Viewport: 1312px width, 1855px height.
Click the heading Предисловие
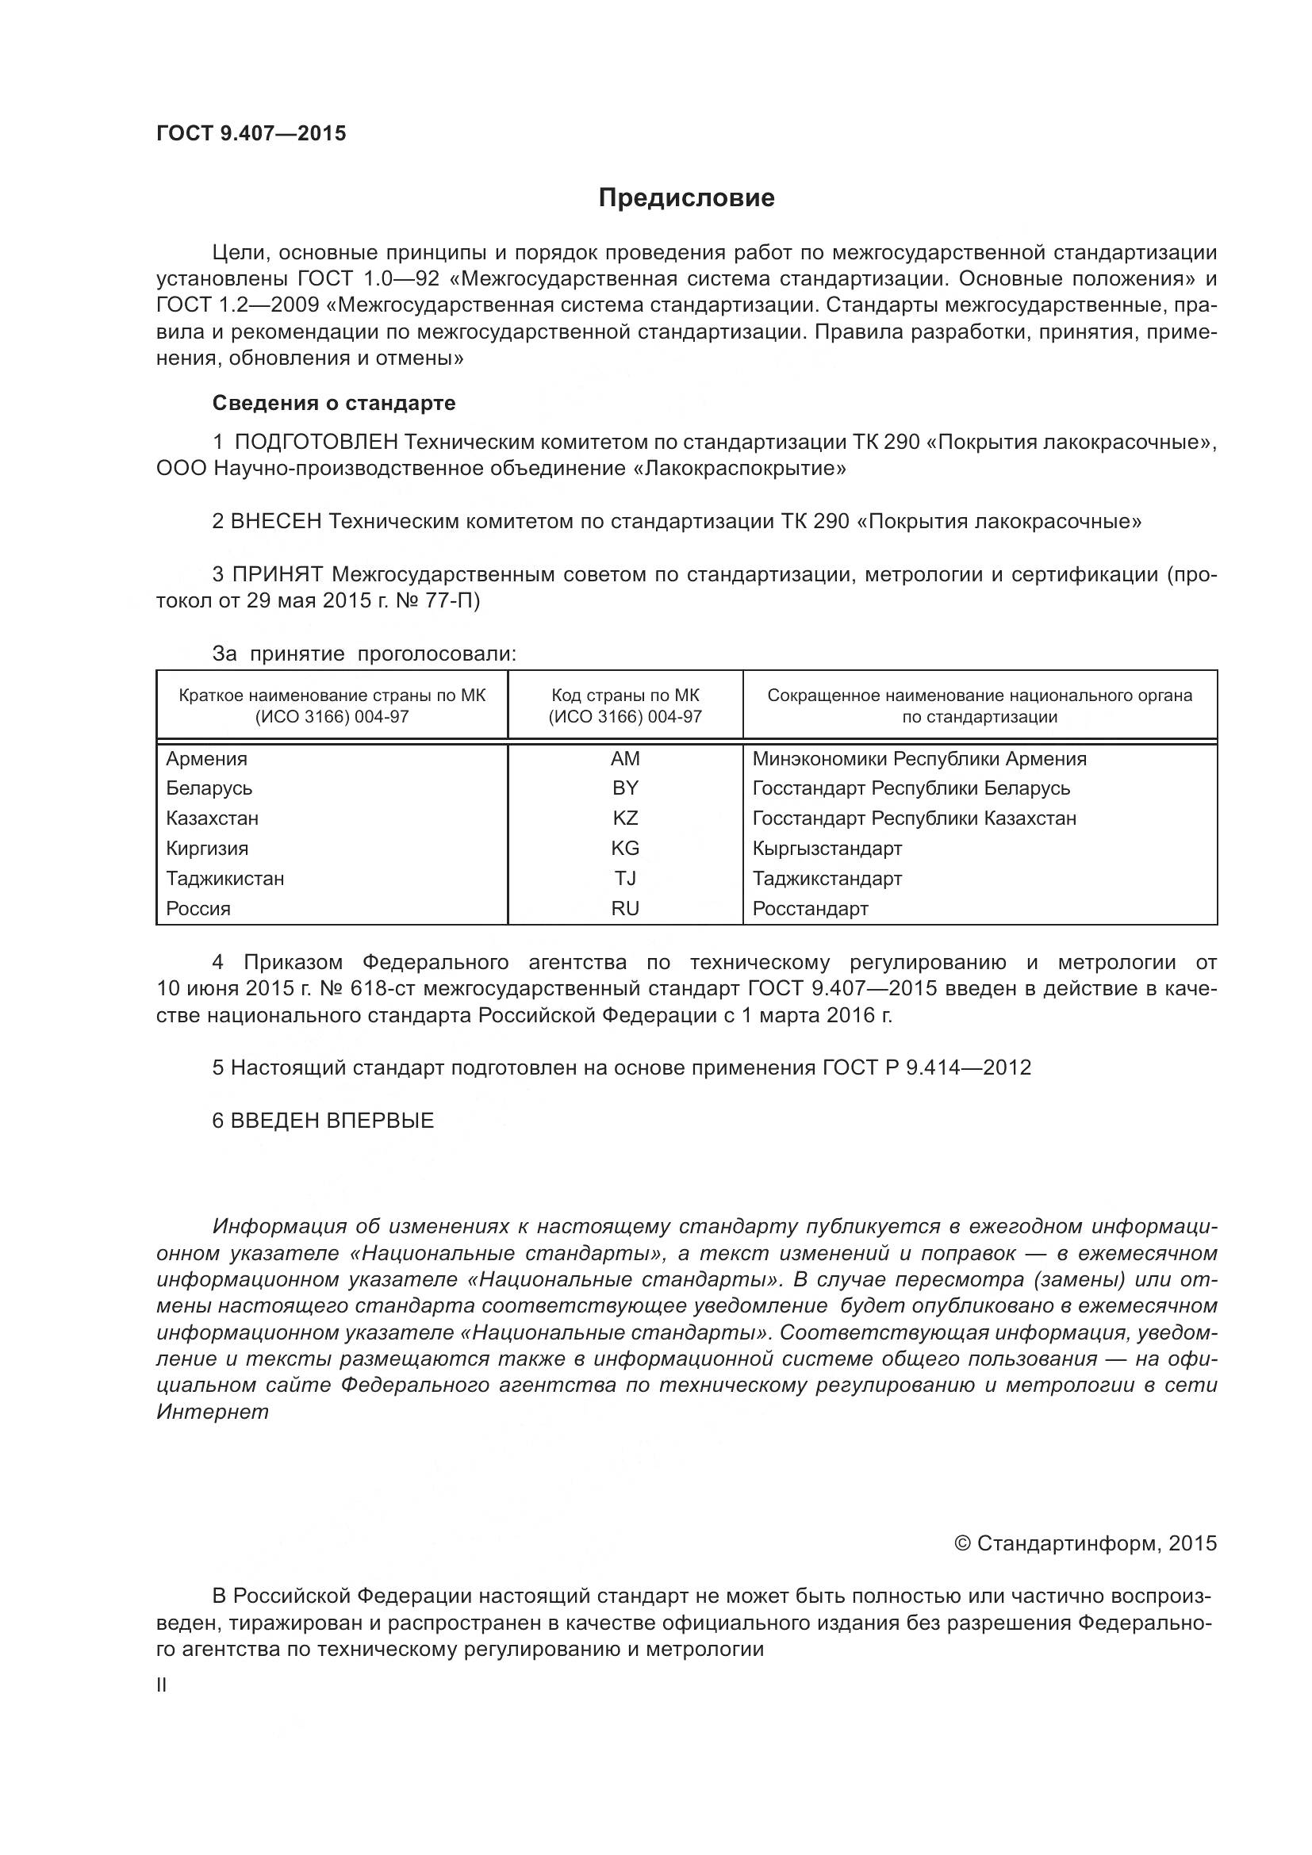(x=686, y=198)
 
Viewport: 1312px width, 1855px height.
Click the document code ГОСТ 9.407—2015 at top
(x=251, y=134)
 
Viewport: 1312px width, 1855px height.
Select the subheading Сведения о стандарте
(x=334, y=402)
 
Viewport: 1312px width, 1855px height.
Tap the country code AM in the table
(x=624, y=759)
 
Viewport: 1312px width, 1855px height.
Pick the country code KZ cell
(x=624, y=818)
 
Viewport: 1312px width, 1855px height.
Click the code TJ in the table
(x=624, y=878)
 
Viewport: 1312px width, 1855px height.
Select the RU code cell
(x=624, y=908)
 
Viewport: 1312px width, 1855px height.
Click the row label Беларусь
(x=209, y=788)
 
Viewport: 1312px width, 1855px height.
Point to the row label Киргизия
(x=207, y=849)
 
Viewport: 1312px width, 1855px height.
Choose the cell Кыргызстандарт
(x=827, y=849)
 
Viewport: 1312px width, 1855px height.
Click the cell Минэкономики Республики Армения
(x=919, y=759)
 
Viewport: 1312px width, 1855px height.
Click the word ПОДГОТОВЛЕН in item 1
(x=316, y=442)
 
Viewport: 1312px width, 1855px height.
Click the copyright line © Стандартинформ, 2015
(x=1085, y=1543)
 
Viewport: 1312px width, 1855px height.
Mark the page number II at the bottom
(x=162, y=1684)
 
